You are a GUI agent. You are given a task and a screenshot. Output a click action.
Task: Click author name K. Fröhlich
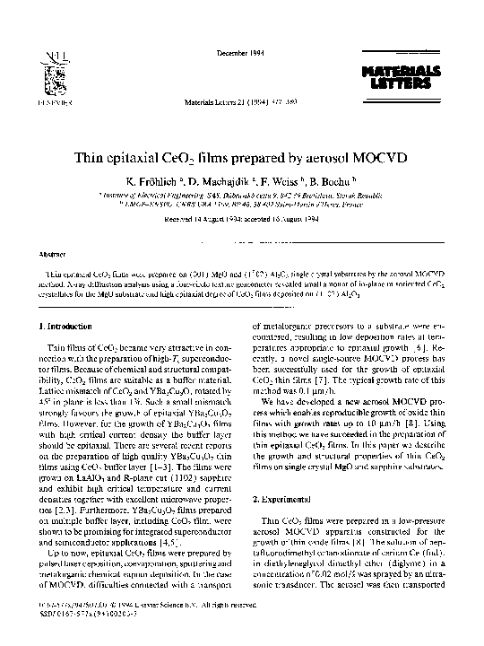tap(161, 183)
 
